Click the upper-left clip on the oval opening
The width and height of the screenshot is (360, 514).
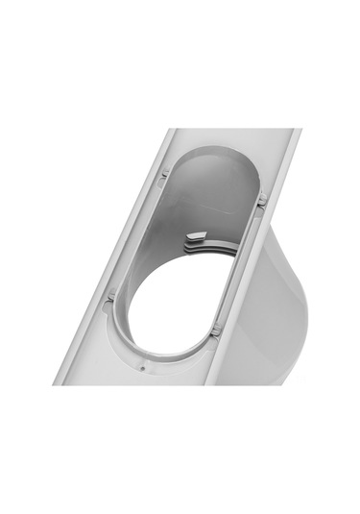[165, 174]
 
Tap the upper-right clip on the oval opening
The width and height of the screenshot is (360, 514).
[261, 199]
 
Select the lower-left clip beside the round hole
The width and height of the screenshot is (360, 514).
[112, 297]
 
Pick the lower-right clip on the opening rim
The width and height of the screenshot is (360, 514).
[215, 330]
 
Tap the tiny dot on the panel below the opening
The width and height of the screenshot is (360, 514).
[142, 366]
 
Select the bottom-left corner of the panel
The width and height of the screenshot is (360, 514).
[56, 382]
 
